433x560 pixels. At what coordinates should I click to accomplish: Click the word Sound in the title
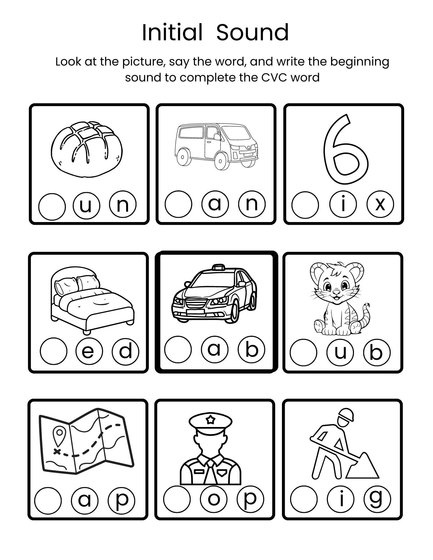(252, 33)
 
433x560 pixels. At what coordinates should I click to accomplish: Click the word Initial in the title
(172, 33)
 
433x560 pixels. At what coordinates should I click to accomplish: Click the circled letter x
(380, 205)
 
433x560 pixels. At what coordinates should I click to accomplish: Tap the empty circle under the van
(179, 204)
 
